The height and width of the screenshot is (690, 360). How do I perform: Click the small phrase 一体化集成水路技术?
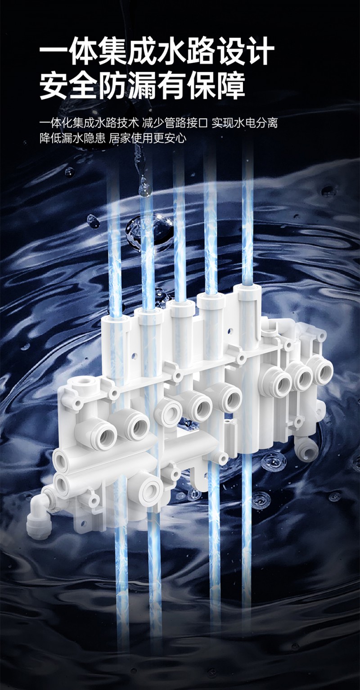(89, 123)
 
